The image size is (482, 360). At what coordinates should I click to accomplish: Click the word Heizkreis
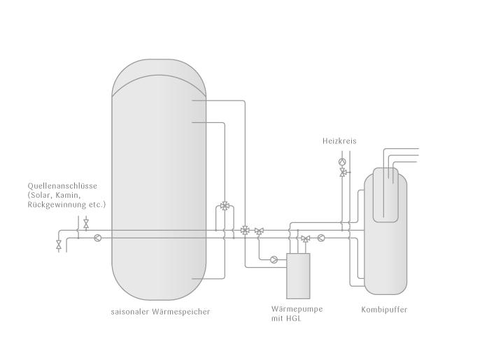(x=339, y=141)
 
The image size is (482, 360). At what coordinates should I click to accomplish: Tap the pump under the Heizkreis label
(x=342, y=161)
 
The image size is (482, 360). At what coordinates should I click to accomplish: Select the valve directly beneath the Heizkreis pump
(x=343, y=173)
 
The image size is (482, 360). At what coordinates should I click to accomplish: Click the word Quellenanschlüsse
(x=62, y=186)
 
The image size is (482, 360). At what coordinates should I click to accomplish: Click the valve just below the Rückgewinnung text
(x=86, y=224)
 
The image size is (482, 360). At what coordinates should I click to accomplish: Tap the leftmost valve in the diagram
(x=59, y=245)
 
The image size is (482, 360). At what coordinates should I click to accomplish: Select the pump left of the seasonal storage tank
(x=97, y=238)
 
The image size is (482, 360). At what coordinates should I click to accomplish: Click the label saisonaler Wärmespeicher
(x=160, y=312)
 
